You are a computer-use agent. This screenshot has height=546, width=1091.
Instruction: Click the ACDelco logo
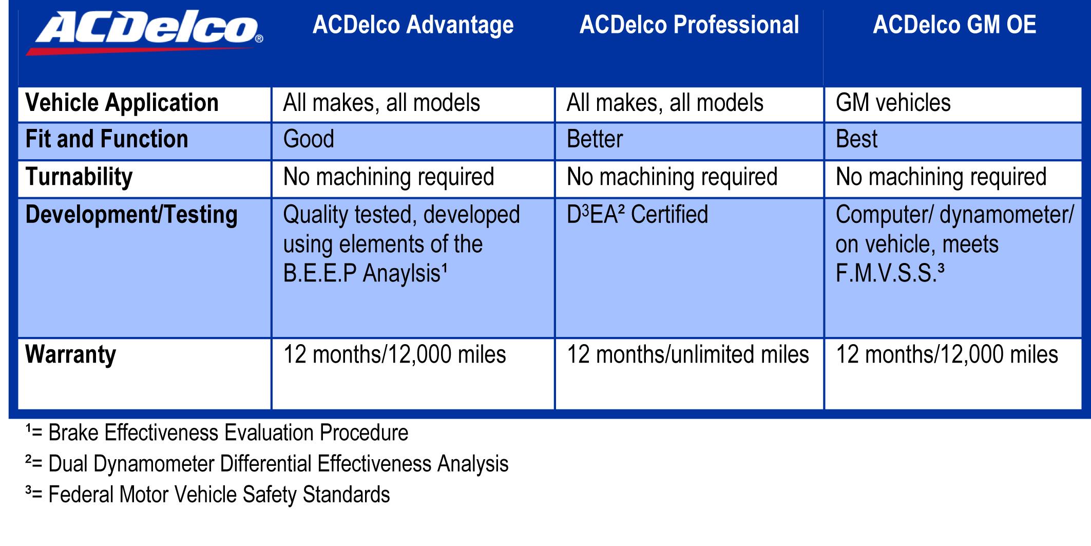click(145, 33)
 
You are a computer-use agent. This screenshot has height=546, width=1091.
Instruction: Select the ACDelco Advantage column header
click(413, 25)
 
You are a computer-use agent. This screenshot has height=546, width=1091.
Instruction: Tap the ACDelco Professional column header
click(689, 25)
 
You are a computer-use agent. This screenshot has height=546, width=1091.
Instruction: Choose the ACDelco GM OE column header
click(954, 25)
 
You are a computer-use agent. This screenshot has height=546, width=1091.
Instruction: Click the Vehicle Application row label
click(122, 103)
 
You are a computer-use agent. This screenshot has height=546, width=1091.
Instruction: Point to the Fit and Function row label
click(107, 139)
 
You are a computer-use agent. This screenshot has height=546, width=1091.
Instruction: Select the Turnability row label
click(79, 177)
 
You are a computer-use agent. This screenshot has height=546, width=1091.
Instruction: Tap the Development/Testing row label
click(131, 215)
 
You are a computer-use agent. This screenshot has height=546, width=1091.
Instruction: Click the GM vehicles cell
click(893, 103)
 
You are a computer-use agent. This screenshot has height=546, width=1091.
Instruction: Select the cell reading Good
click(309, 139)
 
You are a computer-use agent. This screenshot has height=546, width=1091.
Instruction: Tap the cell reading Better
click(595, 139)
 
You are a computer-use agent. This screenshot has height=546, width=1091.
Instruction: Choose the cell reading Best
click(857, 139)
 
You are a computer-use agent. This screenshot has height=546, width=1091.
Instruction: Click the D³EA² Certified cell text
click(637, 215)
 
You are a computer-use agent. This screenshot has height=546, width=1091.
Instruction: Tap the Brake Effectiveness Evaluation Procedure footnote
click(217, 433)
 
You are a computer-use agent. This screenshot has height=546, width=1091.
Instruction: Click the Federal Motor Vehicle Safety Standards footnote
click(207, 495)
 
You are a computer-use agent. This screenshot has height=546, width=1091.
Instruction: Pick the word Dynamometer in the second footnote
click(154, 464)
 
